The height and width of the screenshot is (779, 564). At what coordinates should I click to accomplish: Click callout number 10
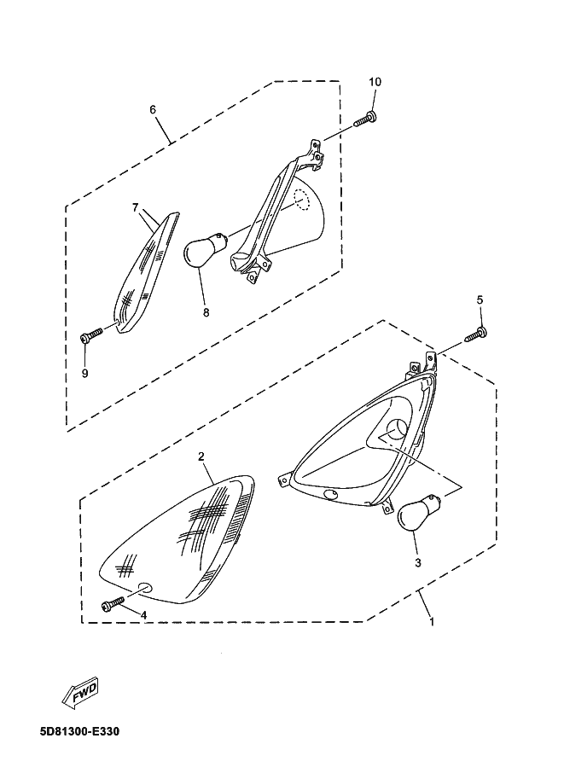point(375,82)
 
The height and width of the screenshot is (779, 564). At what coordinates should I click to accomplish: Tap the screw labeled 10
point(365,119)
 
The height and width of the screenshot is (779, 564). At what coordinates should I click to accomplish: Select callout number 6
point(153,109)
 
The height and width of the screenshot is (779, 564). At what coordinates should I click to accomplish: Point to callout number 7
point(135,207)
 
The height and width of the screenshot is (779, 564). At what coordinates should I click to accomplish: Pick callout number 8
point(206,312)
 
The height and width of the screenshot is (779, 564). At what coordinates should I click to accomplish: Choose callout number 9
point(85,373)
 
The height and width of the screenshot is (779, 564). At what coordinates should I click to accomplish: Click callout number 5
point(480,299)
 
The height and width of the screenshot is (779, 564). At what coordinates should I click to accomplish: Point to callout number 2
point(201,456)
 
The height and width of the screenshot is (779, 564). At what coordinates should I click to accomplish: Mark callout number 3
point(417,562)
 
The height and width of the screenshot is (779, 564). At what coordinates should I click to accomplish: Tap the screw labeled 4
point(113,604)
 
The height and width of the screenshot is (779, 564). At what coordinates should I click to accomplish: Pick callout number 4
point(143,615)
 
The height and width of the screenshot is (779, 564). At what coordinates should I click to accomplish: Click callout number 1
point(432,621)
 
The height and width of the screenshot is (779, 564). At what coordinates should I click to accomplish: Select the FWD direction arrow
point(80,691)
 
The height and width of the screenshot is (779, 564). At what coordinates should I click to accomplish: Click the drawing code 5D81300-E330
point(80,732)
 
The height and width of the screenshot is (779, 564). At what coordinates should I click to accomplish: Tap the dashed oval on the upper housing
point(301,201)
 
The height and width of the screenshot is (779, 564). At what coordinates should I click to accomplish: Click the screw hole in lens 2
point(144,586)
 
